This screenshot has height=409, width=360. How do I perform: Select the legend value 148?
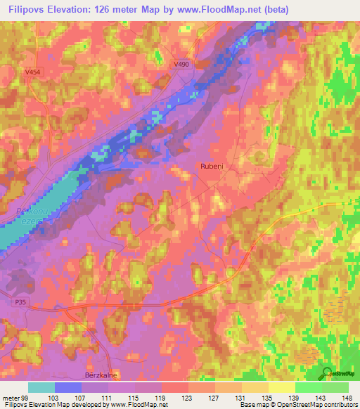[347, 398]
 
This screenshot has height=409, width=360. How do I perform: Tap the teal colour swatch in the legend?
[41, 387]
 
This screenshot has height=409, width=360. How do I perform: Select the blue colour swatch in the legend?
[67, 387]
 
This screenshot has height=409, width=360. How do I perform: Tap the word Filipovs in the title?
[29, 10]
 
